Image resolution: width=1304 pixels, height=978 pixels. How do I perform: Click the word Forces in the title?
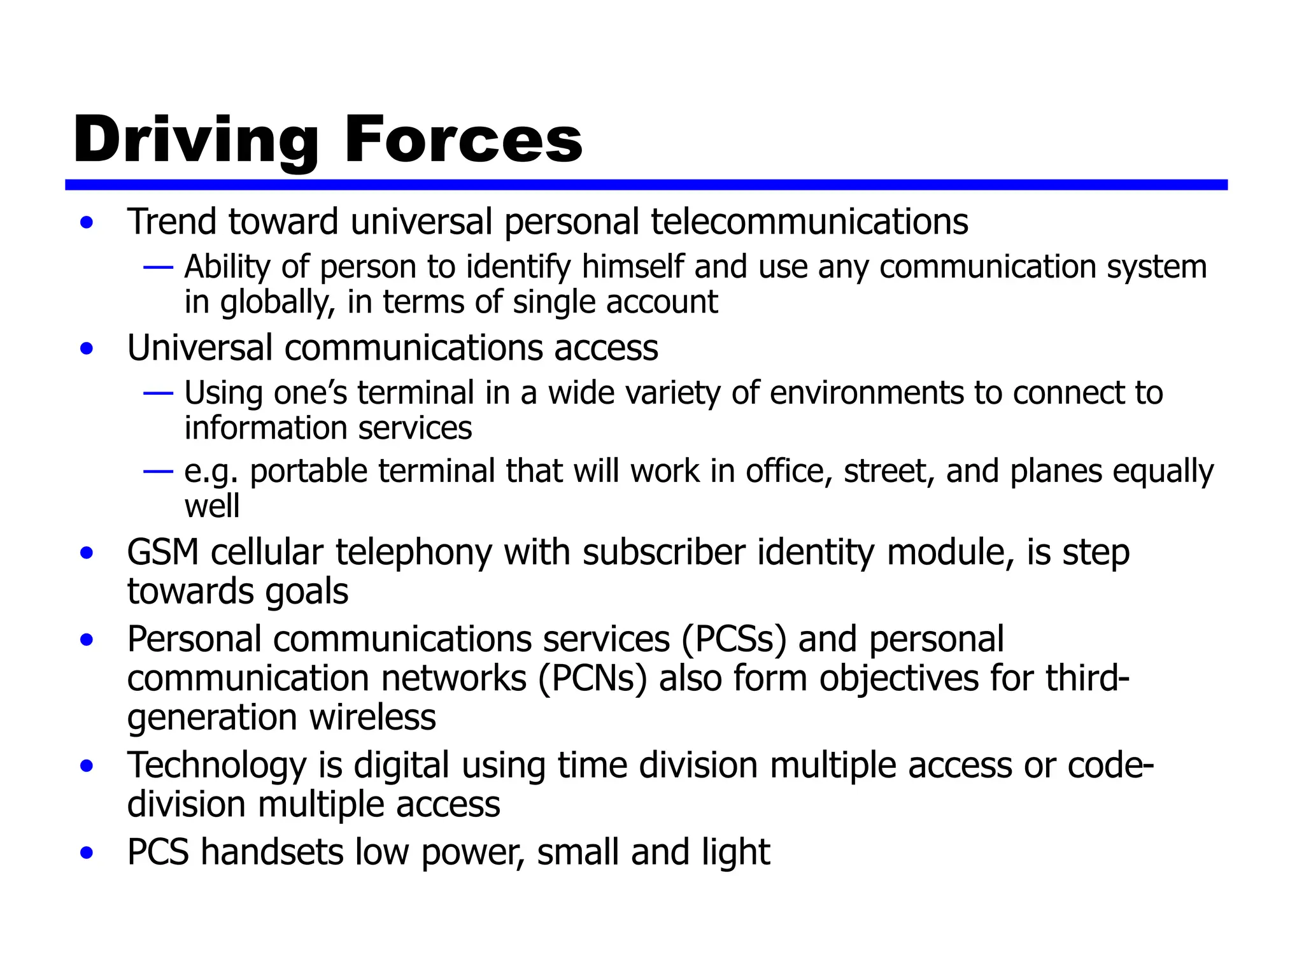[x=463, y=139]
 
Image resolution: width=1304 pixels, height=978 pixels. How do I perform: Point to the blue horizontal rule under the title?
[x=646, y=185]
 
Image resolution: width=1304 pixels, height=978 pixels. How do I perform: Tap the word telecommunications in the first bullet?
[x=809, y=222]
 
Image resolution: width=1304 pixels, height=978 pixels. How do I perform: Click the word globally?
[x=278, y=302]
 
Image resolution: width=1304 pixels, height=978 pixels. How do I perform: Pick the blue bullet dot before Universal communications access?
[x=87, y=349]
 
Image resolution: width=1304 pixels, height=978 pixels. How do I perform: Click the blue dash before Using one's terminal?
[x=158, y=393]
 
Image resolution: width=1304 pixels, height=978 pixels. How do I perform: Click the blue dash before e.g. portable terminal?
[x=158, y=472]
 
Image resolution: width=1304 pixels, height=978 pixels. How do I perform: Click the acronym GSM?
[x=163, y=552]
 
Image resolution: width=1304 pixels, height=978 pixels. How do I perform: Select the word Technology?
[x=216, y=765]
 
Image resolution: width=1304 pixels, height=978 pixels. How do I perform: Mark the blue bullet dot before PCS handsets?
[x=87, y=853]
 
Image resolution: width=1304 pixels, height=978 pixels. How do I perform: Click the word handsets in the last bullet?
[x=272, y=852]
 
